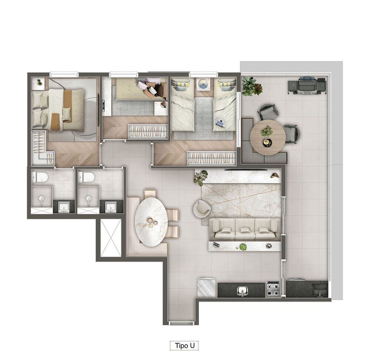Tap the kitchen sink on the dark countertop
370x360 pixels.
tap(242, 290)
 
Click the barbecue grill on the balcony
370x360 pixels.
tap(307, 86)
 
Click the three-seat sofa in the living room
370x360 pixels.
tap(246, 229)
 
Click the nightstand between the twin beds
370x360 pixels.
tap(203, 84)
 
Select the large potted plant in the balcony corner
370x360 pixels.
tap(252, 86)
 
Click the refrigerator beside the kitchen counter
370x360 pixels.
tap(206, 287)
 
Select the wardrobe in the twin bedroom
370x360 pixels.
tap(211, 158)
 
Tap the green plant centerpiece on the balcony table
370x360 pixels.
tap(267, 131)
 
